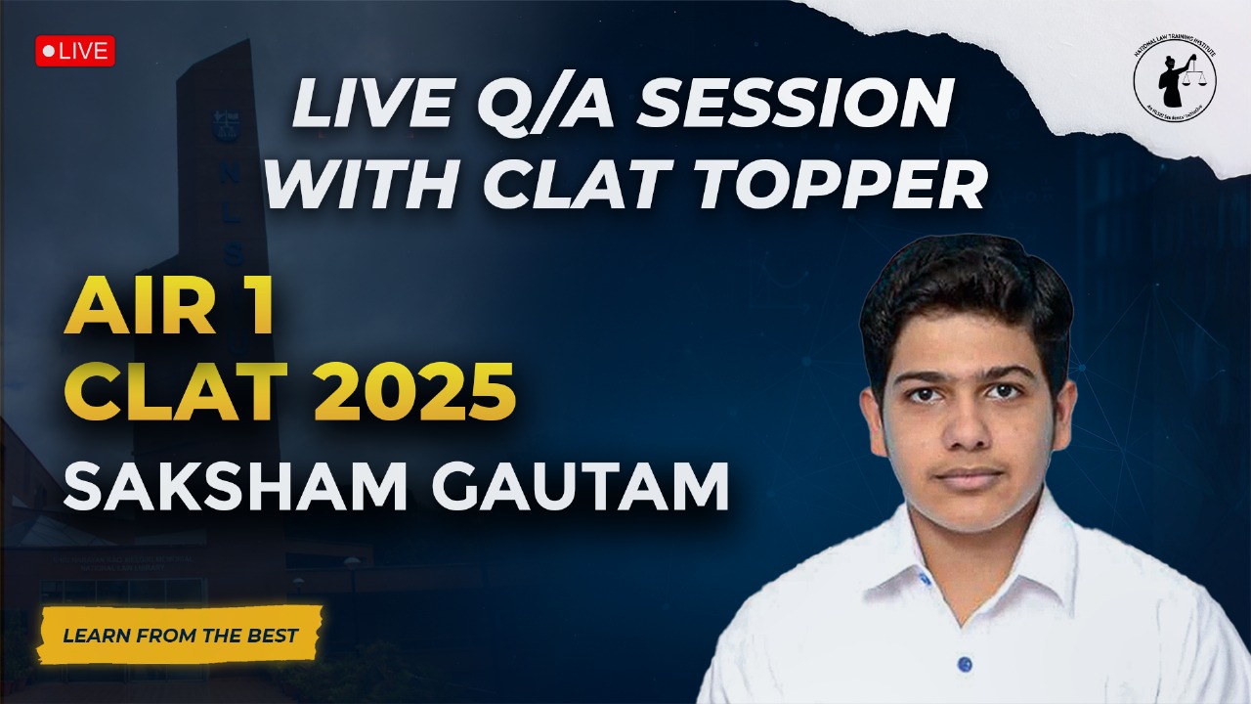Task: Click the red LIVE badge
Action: tap(75, 51)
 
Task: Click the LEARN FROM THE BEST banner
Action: tap(180, 636)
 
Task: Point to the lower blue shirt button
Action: tap(966, 664)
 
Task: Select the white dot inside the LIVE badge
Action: tap(48, 51)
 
